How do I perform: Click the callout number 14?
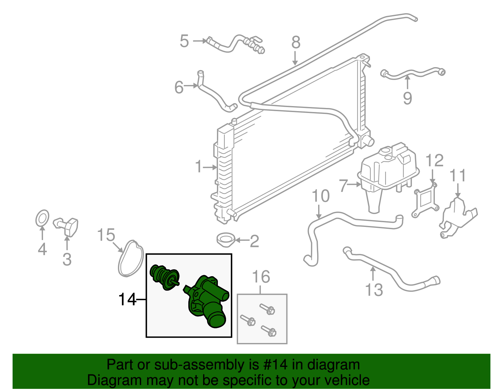[x=127, y=300]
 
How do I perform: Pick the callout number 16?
[x=261, y=277]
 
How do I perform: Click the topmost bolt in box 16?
[x=267, y=309]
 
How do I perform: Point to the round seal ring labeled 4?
[x=42, y=218]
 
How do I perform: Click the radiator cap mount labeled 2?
[x=226, y=240]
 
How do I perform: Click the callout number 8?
[x=296, y=43]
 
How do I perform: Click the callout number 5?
[x=184, y=41]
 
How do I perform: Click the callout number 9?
[x=407, y=99]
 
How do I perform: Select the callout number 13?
[x=374, y=290]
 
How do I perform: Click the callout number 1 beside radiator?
[x=199, y=166]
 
